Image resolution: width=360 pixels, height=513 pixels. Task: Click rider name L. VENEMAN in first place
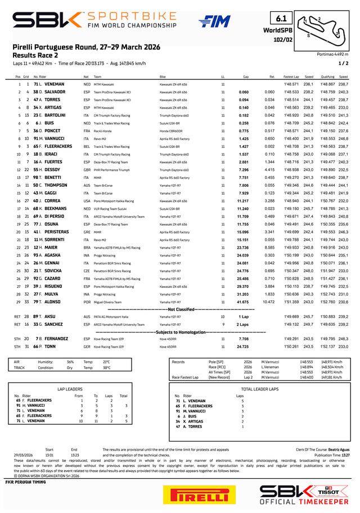pyautogui.click(x=54, y=83)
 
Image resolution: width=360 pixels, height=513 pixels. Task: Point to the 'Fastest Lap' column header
pyautogui.click(x=291, y=76)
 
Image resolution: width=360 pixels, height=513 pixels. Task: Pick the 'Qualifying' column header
pyautogui.click(x=327, y=76)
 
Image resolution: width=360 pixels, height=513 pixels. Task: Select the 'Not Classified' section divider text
pyautogui.click(x=180, y=309)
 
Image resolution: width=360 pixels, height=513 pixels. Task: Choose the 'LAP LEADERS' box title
pyautogui.click(x=69, y=389)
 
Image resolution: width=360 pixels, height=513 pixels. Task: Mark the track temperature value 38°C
pyautogui.click(x=106, y=368)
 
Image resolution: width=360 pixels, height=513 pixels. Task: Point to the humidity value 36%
pyautogui.click(x=70, y=362)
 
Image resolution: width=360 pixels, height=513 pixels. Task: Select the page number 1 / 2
pyautogui.click(x=344, y=64)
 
